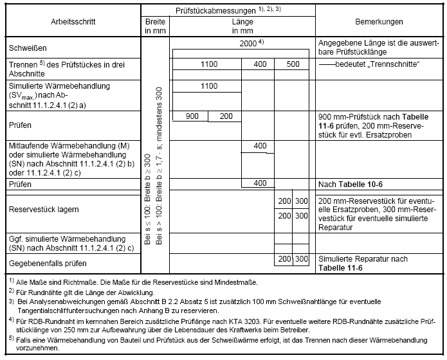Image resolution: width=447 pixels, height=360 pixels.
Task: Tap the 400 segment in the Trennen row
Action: (259, 64)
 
